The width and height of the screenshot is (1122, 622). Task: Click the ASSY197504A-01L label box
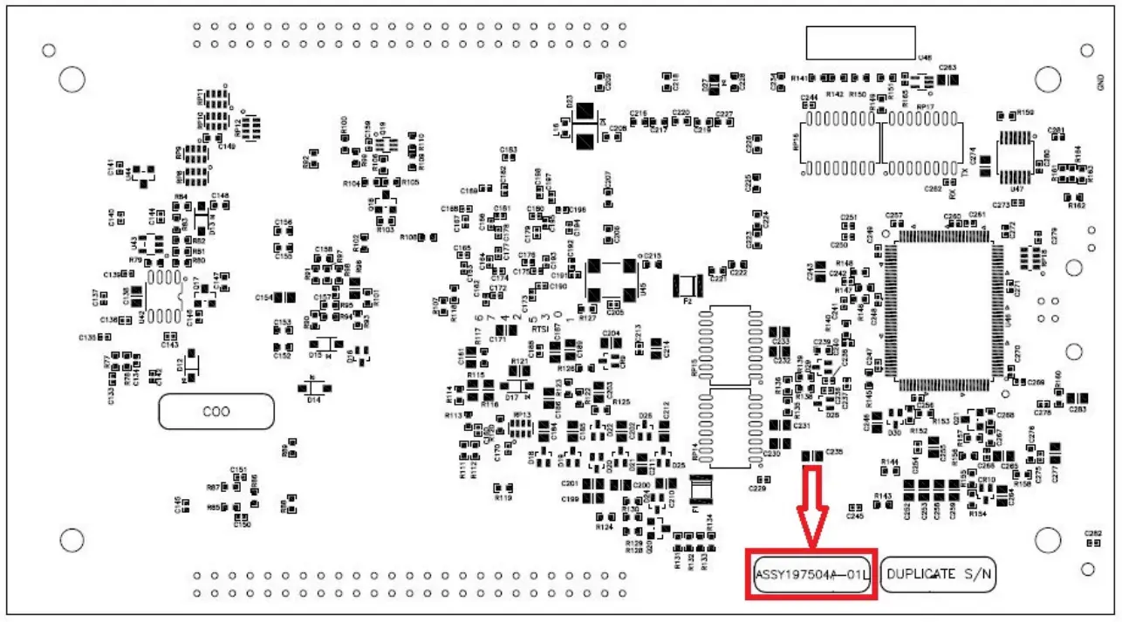811,574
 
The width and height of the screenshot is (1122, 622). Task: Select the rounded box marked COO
216,411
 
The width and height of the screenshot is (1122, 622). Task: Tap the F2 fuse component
687,284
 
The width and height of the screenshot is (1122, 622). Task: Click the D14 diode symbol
313,386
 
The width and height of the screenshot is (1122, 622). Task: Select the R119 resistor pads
498,488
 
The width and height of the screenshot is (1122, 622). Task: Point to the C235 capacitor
811,455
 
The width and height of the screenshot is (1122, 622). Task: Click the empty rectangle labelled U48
860,41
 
